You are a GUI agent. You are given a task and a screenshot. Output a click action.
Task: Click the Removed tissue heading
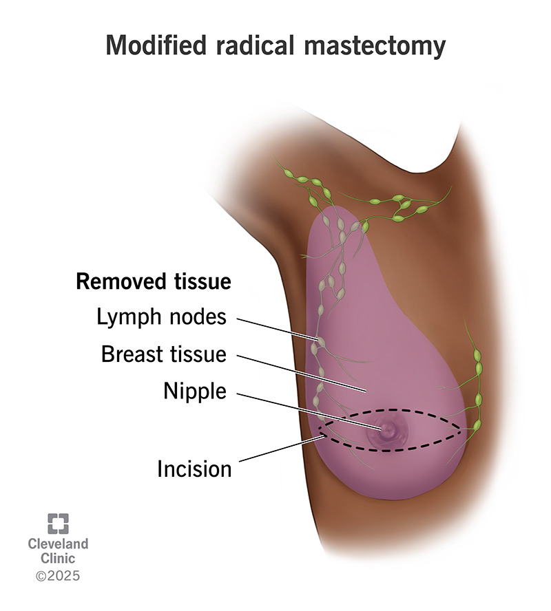click(153, 282)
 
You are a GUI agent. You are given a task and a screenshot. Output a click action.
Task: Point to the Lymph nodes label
click(161, 318)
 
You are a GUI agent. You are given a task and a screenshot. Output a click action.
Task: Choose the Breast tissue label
click(163, 354)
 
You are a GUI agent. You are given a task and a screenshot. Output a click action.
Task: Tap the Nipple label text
click(194, 391)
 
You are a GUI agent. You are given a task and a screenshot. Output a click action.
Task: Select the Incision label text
click(194, 469)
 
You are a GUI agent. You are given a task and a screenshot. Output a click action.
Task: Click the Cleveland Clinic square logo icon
click(58, 524)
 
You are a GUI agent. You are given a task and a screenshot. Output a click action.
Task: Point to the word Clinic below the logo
click(58, 559)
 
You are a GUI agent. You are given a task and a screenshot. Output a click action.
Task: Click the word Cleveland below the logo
click(58, 544)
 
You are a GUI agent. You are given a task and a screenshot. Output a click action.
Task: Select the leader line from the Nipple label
click(310, 411)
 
